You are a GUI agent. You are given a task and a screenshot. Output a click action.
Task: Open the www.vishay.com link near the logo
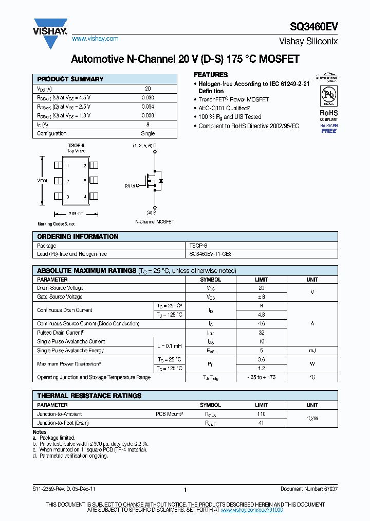pyautogui.click(x=95, y=39)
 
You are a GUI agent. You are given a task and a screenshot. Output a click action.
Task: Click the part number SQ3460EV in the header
pyautogui.click(x=316, y=27)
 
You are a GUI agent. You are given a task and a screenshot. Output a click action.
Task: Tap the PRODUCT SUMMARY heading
pyautogui.click(x=70, y=79)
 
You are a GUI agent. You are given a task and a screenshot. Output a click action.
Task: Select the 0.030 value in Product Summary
pyautogui.click(x=147, y=97)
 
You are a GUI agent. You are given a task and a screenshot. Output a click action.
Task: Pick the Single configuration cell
pyautogui.click(x=147, y=133)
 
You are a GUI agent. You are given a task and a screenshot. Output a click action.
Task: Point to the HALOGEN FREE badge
pyautogui.click(x=329, y=128)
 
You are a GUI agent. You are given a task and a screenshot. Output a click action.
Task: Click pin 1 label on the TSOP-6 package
pyautogui.click(x=68, y=166)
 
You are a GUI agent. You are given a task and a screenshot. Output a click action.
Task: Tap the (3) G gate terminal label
pyautogui.click(x=130, y=185)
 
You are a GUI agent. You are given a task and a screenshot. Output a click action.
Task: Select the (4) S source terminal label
pyautogui.click(x=152, y=212)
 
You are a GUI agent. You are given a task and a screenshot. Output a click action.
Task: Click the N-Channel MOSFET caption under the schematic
pyautogui.click(x=154, y=221)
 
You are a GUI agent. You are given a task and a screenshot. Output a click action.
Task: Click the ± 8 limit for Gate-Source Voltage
pyautogui.click(x=262, y=297)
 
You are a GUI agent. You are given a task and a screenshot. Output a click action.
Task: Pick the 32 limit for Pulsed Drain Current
pyautogui.click(x=262, y=333)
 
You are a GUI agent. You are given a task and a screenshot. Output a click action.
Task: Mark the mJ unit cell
pyautogui.click(x=312, y=351)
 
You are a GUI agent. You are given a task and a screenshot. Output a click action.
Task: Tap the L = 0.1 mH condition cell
pyautogui.click(x=170, y=346)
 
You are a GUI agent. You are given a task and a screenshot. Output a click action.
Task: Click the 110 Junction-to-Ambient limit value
pyautogui.click(x=262, y=414)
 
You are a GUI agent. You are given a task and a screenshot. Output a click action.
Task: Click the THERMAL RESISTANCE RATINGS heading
pyautogui.click(x=89, y=396)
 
